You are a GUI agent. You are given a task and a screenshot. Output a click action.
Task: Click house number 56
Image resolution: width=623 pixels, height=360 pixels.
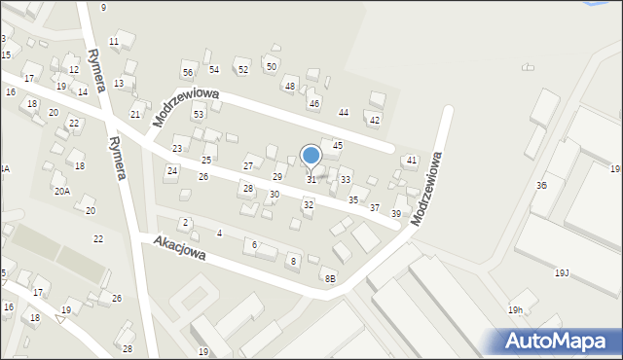[188, 72]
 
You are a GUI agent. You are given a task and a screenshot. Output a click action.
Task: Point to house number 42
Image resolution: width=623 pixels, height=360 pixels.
[374, 121]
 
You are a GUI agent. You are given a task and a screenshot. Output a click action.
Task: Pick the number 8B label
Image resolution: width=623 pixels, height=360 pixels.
[330, 279]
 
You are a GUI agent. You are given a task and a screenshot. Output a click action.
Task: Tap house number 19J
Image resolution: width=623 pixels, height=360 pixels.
[563, 273]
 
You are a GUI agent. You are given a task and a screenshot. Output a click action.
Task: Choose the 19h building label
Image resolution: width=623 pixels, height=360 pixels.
[515, 310]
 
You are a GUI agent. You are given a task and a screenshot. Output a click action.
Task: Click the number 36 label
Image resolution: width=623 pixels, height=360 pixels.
[541, 185]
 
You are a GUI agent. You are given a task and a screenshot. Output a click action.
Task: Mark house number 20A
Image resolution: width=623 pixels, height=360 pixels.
[61, 192]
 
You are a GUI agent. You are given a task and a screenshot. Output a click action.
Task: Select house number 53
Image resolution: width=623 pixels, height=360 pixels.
[199, 115]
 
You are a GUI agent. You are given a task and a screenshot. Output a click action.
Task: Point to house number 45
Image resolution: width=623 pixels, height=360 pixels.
[337, 145]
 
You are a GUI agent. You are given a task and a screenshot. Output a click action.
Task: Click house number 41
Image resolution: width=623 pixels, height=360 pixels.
[412, 160]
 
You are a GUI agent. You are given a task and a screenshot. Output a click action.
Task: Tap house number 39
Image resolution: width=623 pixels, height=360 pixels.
[396, 214]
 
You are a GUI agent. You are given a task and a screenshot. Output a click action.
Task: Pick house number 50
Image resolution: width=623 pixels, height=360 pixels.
[271, 66]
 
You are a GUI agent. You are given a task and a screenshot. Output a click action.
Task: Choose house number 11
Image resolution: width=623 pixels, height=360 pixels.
[114, 41]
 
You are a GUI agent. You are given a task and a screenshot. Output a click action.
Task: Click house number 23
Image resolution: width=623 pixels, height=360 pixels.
[177, 149]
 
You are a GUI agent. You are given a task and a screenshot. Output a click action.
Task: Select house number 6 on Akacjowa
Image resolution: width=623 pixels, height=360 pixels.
[255, 245]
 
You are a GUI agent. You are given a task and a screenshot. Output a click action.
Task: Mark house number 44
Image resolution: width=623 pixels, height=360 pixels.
[343, 113]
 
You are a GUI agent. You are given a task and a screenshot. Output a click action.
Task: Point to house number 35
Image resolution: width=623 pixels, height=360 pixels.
[353, 199]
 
